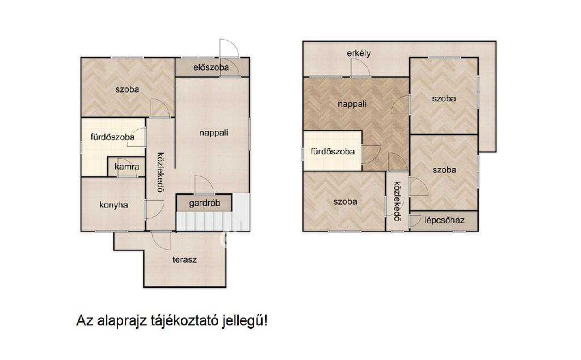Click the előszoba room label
pos(211,67)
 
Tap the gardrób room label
pos(204,203)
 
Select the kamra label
pos(127,167)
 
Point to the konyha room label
pos(113,205)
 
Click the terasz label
pos(184,260)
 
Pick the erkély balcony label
pos(359,53)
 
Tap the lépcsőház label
pos(444,220)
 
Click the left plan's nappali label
pos(214,133)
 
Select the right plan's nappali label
pos(352,104)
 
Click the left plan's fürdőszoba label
pos(113,137)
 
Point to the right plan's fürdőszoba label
pos(332,151)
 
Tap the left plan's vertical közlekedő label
pos(160,172)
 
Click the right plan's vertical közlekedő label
pos(397,201)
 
